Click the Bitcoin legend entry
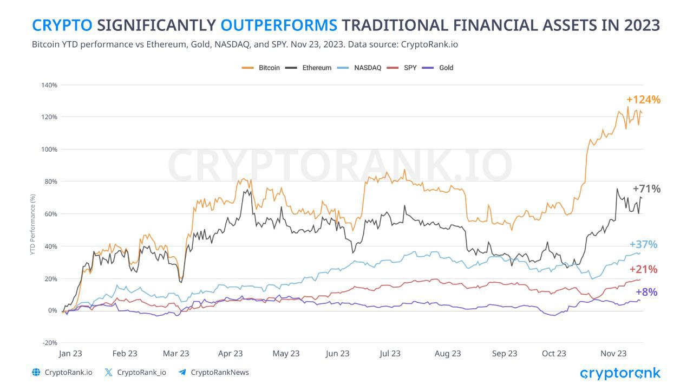click(x=261, y=68)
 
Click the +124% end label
click(x=643, y=100)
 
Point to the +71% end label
click(x=646, y=189)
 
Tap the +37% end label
click(x=643, y=245)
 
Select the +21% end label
click(x=643, y=269)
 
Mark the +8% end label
click(x=646, y=292)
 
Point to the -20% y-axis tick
click(x=49, y=343)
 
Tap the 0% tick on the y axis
click(x=52, y=310)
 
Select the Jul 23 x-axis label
click(x=390, y=354)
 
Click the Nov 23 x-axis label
click(x=613, y=354)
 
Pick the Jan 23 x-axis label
click(x=70, y=354)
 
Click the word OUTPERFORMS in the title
click(x=279, y=25)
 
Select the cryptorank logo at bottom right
click(x=620, y=373)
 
